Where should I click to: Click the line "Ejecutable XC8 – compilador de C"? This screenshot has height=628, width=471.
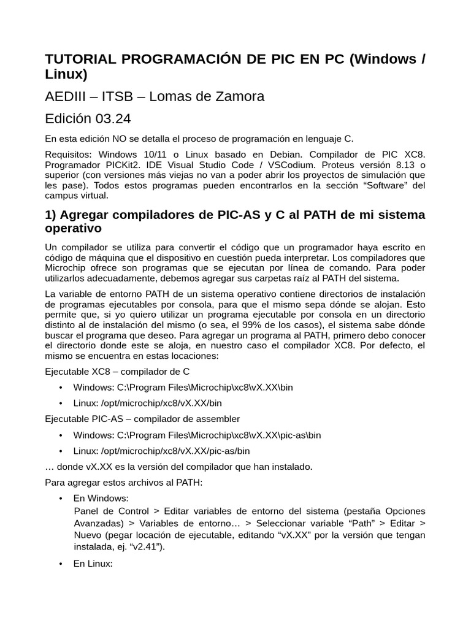[118, 371]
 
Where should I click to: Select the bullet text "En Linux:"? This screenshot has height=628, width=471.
[93, 563]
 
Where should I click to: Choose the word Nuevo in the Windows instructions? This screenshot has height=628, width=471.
[90, 535]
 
